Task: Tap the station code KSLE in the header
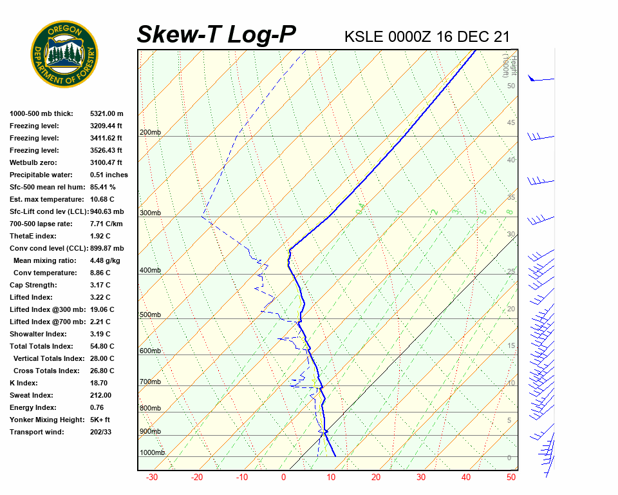pyautogui.click(x=364, y=36)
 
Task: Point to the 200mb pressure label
pyautogui.click(x=150, y=133)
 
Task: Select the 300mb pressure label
pyautogui.click(x=150, y=213)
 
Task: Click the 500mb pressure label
pyautogui.click(x=150, y=315)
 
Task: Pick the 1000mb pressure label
pyautogui.click(x=153, y=453)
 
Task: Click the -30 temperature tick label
pyautogui.click(x=152, y=478)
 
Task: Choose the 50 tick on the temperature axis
pyautogui.click(x=511, y=478)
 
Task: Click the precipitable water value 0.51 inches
pyautogui.click(x=109, y=175)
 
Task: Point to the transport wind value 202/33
pyautogui.click(x=101, y=432)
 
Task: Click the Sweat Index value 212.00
pyautogui.click(x=101, y=395)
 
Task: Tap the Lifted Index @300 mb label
pyautogui.click(x=48, y=309)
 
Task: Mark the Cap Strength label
pyautogui.click(x=33, y=285)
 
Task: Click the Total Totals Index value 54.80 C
pyautogui.click(x=102, y=346)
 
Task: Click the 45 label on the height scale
pyautogui.click(x=511, y=123)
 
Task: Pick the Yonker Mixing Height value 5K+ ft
pyautogui.click(x=100, y=420)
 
